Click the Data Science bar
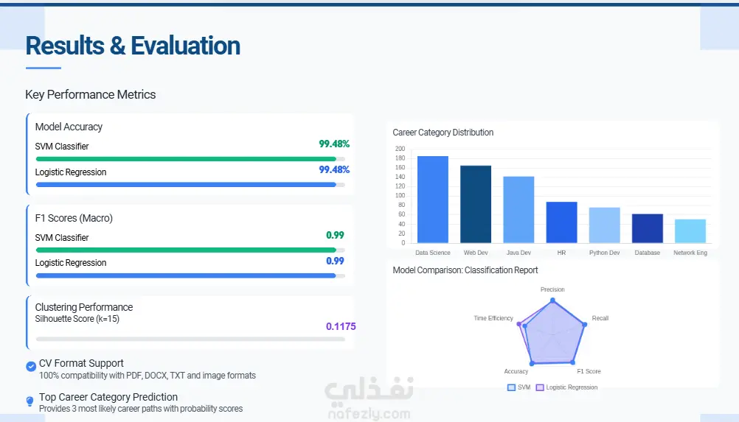(x=432, y=200)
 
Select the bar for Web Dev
(x=476, y=204)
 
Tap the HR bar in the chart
(x=561, y=222)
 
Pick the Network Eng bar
(x=690, y=231)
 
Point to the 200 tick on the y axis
(x=400, y=149)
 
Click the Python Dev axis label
(x=604, y=253)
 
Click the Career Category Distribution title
(x=443, y=133)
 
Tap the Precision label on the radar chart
(x=552, y=289)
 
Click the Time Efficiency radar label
(x=493, y=318)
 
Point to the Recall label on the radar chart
(x=600, y=318)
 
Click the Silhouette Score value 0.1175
(x=341, y=326)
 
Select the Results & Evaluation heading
(x=133, y=46)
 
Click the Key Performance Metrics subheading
(x=91, y=94)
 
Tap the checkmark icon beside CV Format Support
(x=30, y=366)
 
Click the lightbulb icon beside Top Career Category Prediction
(x=30, y=401)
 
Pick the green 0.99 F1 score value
(x=335, y=236)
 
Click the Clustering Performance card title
(x=84, y=307)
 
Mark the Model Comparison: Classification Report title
(x=465, y=270)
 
